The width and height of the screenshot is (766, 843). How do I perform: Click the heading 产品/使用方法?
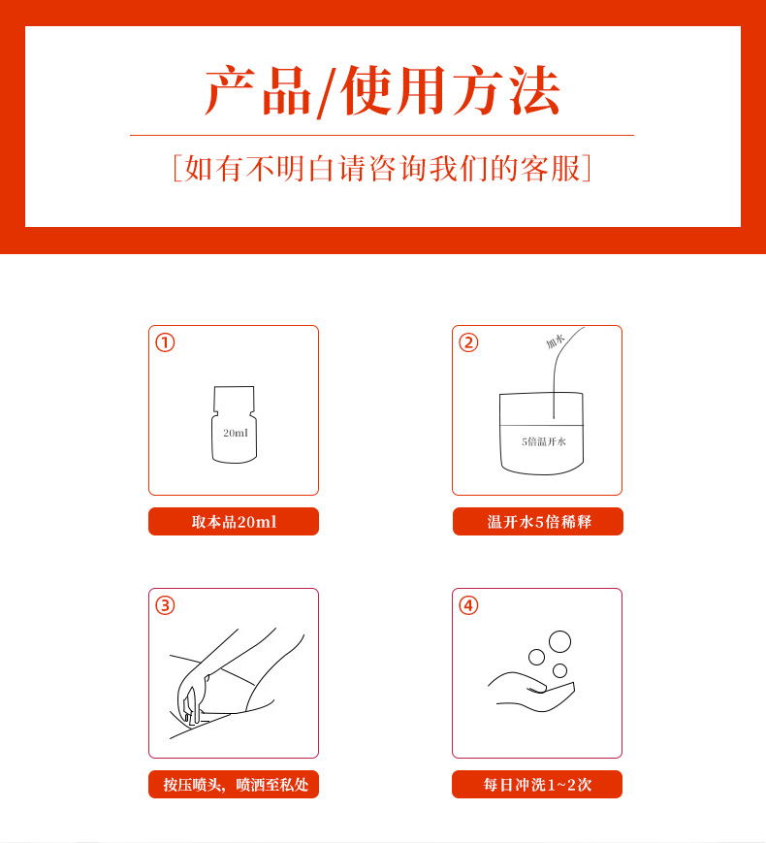[x=383, y=91]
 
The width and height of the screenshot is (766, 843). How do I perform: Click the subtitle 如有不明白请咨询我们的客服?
[x=382, y=168]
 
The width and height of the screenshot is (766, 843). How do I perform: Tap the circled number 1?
[x=165, y=342]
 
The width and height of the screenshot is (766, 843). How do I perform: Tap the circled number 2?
[x=468, y=342]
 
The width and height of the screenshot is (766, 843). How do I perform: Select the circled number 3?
[x=165, y=605]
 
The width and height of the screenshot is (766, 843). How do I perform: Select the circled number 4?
[x=468, y=605]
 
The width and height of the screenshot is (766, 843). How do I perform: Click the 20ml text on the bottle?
[x=236, y=433]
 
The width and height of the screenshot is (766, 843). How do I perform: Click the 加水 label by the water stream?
[x=556, y=340]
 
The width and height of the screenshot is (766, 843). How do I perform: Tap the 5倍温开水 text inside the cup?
[x=543, y=441]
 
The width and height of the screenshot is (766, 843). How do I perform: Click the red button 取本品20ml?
[x=234, y=522]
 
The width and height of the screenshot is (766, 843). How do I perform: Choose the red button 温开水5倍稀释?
[x=538, y=522]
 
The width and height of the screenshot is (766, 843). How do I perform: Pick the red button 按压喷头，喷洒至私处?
[x=234, y=785]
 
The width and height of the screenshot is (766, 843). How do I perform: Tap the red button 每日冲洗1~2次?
[x=537, y=785]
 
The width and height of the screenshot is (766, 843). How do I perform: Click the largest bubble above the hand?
[x=560, y=641]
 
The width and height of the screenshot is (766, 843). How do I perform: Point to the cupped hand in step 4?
[x=531, y=693]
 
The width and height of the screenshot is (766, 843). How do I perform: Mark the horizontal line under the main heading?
[x=382, y=136]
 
